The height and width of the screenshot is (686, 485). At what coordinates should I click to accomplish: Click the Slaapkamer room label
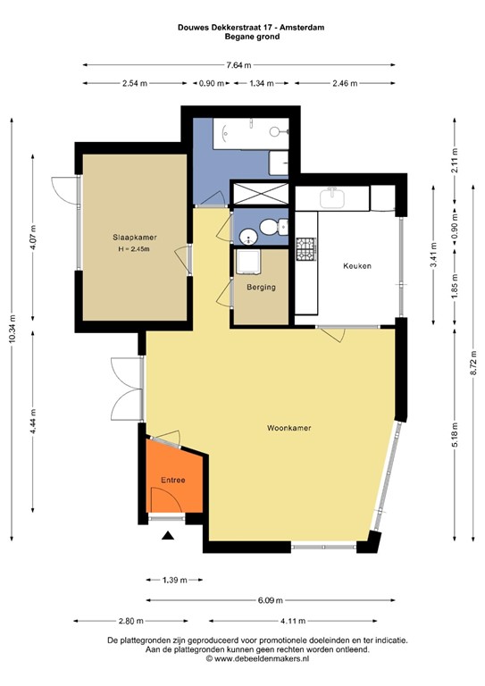pyautogui.click(x=135, y=237)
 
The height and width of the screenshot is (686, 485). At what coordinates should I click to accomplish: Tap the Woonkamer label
pyautogui.click(x=289, y=428)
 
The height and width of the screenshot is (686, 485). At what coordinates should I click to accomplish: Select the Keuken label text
pyautogui.click(x=357, y=265)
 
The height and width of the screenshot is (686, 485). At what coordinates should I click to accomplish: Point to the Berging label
pyautogui.click(x=261, y=288)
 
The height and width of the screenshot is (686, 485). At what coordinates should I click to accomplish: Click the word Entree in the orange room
pyautogui.click(x=173, y=480)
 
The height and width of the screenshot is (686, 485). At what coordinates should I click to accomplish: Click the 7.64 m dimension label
pyautogui.click(x=238, y=65)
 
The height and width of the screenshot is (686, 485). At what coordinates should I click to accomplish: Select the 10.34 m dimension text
pyautogui.click(x=12, y=329)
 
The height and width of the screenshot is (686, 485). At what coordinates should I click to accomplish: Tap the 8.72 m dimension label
pyautogui.click(x=473, y=363)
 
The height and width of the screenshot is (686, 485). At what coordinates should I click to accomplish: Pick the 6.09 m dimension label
pyautogui.click(x=270, y=600)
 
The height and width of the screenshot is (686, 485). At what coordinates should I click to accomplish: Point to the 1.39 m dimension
pyautogui.click(x=174, y=580)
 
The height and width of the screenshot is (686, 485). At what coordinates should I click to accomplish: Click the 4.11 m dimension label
pyautogui.click(x=293, y=621)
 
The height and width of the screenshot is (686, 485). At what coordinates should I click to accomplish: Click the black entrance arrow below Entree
pyautogui.click(x=168, y=535)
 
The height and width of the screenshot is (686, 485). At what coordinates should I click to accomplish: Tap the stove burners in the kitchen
pyautogui.click(x=305, y=249)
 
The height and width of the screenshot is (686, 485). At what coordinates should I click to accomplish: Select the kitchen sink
pyautogui.click(x=332, y=198)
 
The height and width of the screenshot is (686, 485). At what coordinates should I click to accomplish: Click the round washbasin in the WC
pyautogui.click(x=249, y=237)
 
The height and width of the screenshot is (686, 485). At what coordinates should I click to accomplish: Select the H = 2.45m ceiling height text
pyautogui.click(x=134, y=249)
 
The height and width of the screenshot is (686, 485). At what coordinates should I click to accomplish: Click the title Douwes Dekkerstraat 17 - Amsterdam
pyautogui.click(x=251, y=27)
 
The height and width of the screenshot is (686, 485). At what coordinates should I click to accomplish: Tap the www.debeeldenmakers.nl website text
pyautogui.click(x=262, y=658)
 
